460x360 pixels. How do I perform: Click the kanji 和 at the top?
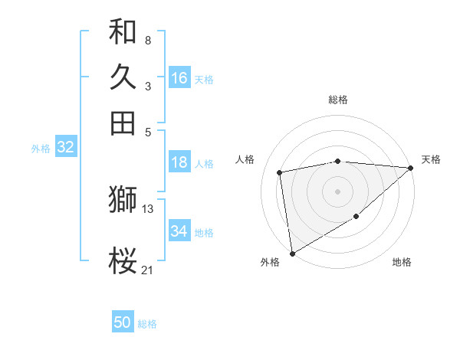pos(123,32)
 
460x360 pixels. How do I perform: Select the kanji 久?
pos(123,77)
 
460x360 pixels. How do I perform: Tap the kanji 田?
pos(123,123)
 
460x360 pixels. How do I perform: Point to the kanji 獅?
pos(123,200)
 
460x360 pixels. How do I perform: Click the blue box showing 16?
pos(179,78)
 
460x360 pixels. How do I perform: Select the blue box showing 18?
pos(179,162)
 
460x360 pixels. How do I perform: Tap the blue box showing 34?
pos(179,231)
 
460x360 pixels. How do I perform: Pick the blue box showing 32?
pos(65,148)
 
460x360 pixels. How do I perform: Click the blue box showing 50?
pos(123,322)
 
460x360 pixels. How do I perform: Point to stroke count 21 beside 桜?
pos(147,269)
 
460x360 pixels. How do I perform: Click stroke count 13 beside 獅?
pos(148,208)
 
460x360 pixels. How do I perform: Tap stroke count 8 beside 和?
pos(147,40)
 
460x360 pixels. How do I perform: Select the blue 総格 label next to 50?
pos(147,324)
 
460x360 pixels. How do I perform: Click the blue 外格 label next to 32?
pos(41,149)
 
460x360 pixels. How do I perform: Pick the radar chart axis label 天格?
pos(431,159)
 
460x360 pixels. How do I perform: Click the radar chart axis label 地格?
pos(402,262)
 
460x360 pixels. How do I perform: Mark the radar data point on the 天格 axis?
pos(411,168)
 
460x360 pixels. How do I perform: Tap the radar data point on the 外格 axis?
pos(292,253)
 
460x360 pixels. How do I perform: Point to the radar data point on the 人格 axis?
pos(280,172)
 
